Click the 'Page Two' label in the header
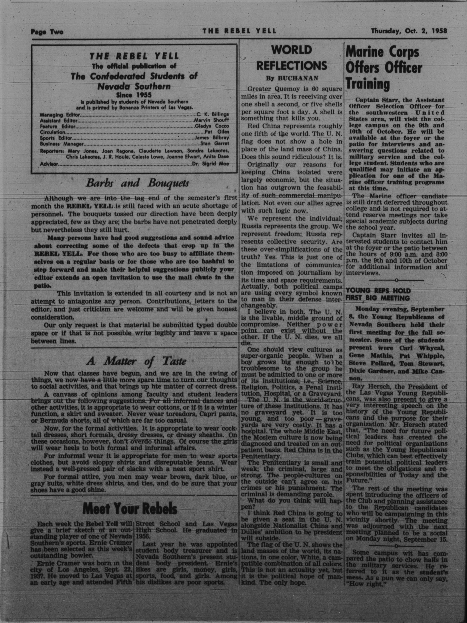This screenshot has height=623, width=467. [x=47, y=32]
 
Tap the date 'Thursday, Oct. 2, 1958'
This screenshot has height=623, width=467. [x=409, y=31]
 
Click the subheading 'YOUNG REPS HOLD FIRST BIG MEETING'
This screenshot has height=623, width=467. [x=378, y=294]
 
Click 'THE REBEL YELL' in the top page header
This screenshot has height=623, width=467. [x=239, y=31]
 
